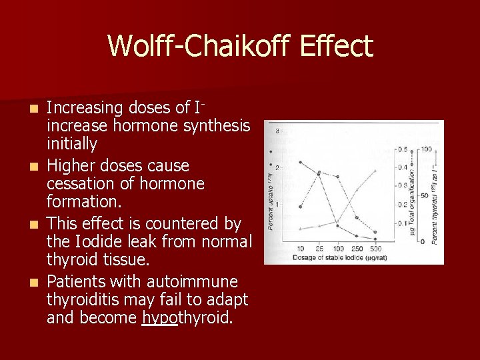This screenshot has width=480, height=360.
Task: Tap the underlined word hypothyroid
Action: pos(187,317)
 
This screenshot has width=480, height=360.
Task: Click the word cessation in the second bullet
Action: pos(83,183)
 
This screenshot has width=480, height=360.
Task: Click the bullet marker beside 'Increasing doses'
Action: pos(37,108)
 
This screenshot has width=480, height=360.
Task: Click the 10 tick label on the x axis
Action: pos(301,247)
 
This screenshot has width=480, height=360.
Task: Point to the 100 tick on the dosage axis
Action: pos(339,247)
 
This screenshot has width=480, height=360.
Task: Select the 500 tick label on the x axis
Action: pos(376,247)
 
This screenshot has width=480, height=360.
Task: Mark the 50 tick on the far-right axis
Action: pos(424,195)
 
